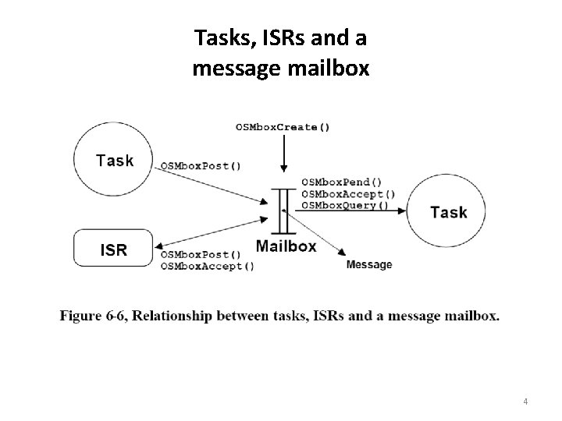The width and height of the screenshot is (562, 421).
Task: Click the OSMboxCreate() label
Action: click(x=282, y=127)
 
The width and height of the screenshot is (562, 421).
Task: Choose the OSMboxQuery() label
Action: click(x=344, y=205)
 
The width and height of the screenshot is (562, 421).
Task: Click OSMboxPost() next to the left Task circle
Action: click(x=201, y=165)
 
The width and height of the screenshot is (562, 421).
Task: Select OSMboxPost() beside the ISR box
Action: click(x=201, y=255)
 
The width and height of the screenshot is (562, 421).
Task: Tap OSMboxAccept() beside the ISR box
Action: click(x=207, y=266)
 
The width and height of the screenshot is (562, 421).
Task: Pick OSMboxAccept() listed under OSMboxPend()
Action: click(x=347, y=194)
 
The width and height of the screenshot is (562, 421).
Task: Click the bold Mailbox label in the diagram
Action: click(x=286, y=246)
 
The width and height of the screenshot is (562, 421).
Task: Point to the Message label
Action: click(x=368, y=265)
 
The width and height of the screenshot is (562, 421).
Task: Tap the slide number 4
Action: click(x=525, y=402)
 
